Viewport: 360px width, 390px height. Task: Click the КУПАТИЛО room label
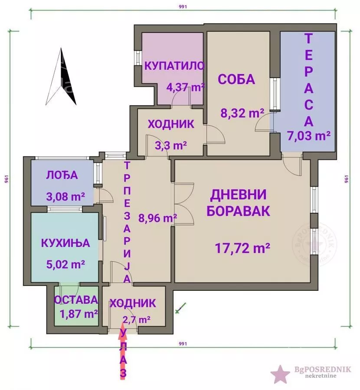click(x=174, y=66)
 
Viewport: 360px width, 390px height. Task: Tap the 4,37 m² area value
click(x=186, y=87)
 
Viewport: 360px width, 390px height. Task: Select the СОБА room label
click(x=236, y=79)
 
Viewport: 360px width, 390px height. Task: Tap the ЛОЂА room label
click(x=62, y=175)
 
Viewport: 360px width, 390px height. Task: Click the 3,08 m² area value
click(x=65, y=197)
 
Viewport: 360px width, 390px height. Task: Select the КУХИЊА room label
click(x=65, y=243)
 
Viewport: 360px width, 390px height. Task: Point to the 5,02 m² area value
click(x=65, y=263)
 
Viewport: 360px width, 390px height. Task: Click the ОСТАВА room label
click(x=76, y=299)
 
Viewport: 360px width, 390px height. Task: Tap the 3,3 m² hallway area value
click(x=171, y=145)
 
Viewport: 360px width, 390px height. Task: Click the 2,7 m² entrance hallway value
click(x=137, y=320)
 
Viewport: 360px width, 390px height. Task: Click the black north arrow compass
click(x=62, y=77)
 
